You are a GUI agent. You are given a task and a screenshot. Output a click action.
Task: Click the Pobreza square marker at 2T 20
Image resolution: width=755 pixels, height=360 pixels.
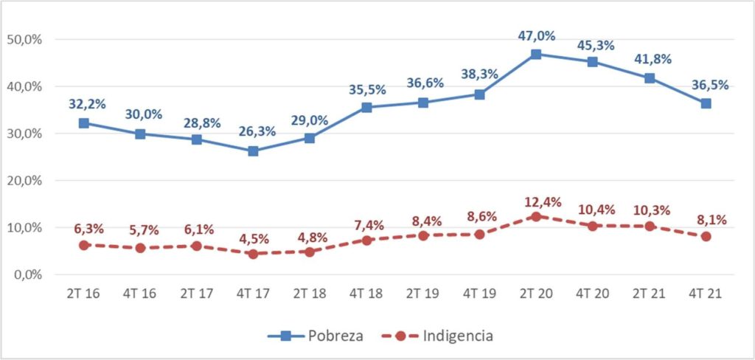536,54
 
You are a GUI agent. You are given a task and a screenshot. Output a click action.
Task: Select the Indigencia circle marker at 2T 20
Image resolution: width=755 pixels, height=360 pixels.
536,216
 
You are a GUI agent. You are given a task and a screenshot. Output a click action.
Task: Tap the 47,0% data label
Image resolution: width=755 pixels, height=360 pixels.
536,35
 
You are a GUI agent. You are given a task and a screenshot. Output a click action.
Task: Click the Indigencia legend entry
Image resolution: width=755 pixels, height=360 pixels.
440,336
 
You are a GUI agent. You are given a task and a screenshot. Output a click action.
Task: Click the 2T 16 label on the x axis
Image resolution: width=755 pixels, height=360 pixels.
83,293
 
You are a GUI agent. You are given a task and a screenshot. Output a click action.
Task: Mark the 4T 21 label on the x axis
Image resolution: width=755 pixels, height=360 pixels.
706,293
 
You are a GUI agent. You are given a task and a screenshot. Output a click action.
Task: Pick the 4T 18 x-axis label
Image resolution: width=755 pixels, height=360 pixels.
366,293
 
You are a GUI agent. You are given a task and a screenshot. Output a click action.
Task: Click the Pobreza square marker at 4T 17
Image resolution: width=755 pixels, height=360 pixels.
253,151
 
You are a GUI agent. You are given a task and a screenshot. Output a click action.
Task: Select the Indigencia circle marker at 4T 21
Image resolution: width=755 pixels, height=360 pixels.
706,237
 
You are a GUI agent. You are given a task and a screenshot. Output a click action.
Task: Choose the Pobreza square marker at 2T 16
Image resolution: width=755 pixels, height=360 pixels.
83,123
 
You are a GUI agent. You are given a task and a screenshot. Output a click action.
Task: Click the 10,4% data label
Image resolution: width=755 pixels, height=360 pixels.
593,210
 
